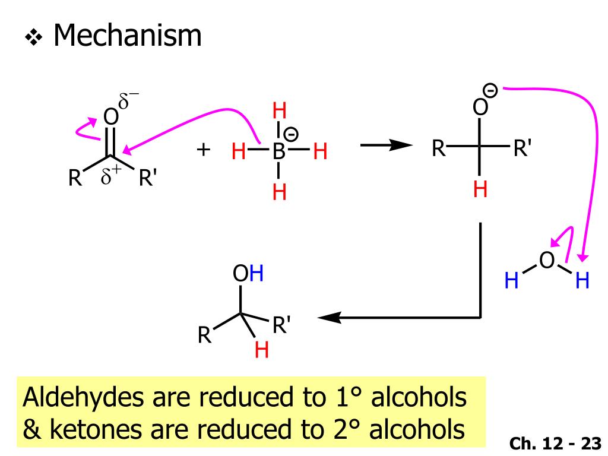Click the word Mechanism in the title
coord(127,37)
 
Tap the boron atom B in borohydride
coord(279,151)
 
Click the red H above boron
coord(279,111)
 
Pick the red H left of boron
coord(239,152)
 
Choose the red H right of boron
coord(321,152)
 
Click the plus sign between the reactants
coord(204,149)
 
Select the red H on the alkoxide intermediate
coord(480,190)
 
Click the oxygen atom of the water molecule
coord(547,260)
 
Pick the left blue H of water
coord(511,281)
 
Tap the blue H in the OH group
coord(257,274)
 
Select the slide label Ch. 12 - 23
coord(555,443)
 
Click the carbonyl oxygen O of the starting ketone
coord(110,117)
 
